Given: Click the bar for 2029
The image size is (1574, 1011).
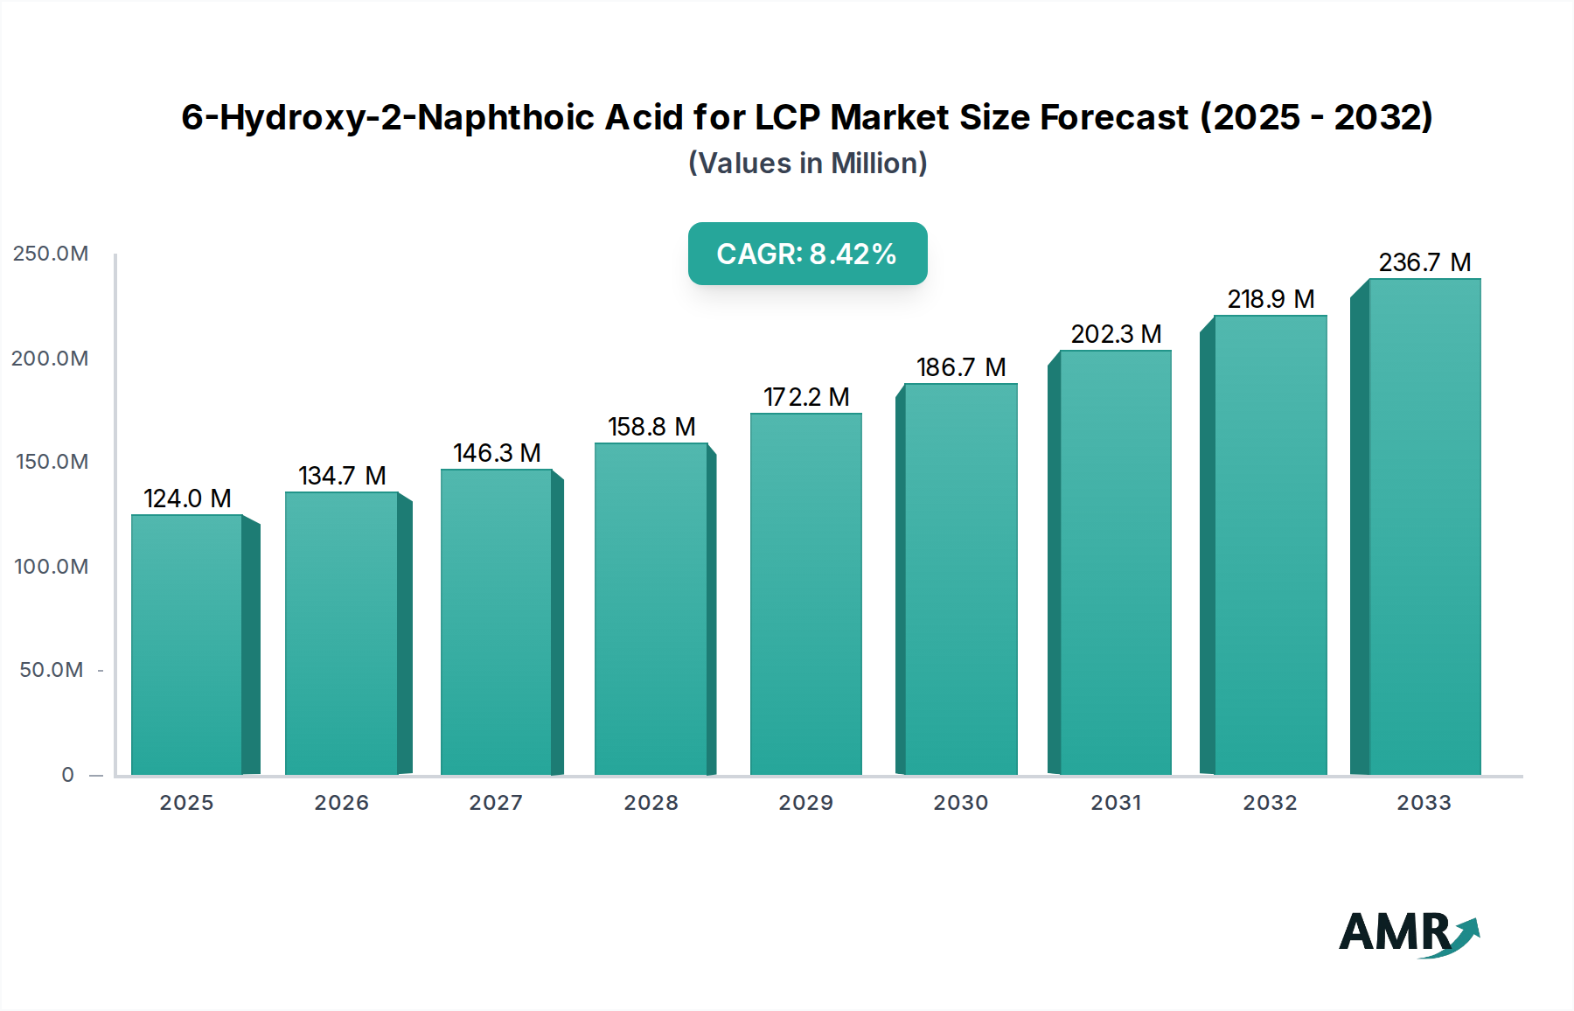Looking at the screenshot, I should point(805,594).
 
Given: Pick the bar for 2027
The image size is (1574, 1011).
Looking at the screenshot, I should point(496,622).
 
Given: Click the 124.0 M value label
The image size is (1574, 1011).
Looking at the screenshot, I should point(187,499).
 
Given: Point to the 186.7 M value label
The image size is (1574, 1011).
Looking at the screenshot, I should point(960,367).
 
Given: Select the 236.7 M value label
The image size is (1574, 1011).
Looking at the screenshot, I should point(1424,262).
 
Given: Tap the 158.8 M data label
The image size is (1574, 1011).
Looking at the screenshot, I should point(651,427).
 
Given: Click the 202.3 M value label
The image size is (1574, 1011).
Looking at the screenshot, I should point(1116,334).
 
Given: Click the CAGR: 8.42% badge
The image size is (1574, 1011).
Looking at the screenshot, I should point(807,254).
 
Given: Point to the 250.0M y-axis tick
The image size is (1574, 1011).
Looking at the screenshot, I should point(51,254).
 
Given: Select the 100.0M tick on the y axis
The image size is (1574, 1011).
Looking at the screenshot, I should point(51,567).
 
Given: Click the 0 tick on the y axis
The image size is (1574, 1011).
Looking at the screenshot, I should point(67,775).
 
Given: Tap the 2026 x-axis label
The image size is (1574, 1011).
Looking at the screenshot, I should point(341,803).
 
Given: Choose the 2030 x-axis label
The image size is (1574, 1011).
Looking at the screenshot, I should point(960,803).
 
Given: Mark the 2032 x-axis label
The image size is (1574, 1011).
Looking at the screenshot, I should point(1270,803).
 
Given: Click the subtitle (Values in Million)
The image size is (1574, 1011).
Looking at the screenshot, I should point(807,164).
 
